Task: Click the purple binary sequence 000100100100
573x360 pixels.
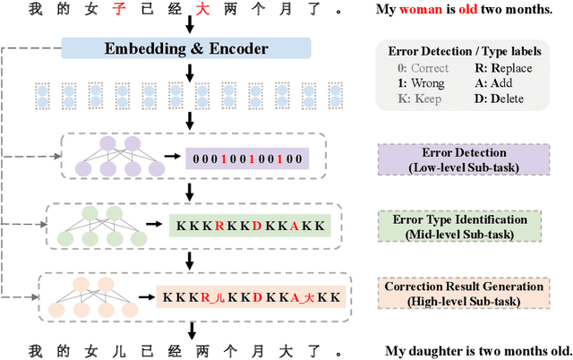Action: (247, 159)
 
